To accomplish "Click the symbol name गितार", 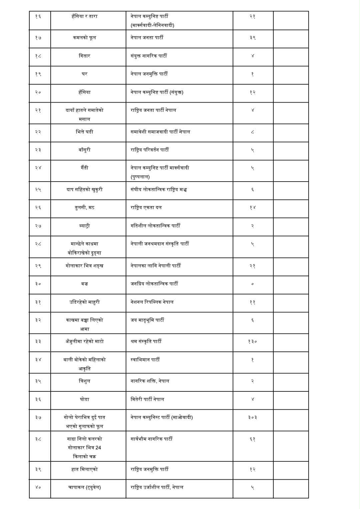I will [x=84, y=56].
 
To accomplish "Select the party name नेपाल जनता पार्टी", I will [x=147, y=38].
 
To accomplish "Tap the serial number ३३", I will [x=38, y=341].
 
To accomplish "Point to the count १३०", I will [x=252, y=341].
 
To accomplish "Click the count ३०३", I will [x=252, y=417].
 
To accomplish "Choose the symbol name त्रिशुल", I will [x=84, y=381].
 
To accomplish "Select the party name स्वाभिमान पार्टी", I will [x=145, y=360].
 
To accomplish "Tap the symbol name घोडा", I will [x=84, y=399].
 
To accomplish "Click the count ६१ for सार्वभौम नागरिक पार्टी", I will [x=252, y=439].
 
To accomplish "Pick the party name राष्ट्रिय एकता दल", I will [x=146, y=208].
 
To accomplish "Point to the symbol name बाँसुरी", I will [x=84, y=150].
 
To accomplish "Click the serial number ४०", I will [x=38, y=487].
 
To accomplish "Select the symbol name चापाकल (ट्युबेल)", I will [x=84, y=487].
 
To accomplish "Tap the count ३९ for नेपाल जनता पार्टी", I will [x=252, y=38].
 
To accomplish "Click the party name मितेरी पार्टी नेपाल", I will [x=147, y=399].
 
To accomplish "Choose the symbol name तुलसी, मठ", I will [x=84, y=208].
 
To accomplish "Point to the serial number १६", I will [x=38, y=16].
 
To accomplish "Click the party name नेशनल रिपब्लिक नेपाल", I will [x=152, y=302].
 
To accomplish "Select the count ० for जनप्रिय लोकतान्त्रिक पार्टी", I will [x=252, y=284].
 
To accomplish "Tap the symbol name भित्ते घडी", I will [x=84, y=132].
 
